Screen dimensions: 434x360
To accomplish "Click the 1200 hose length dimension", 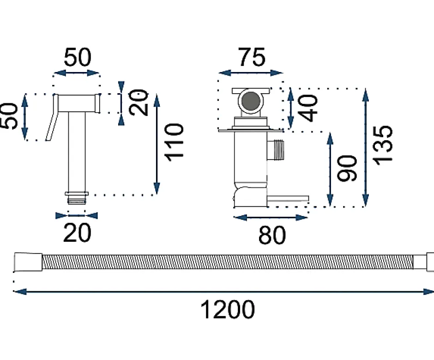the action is point(227,310).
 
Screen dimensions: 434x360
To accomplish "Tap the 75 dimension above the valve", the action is point(252,57).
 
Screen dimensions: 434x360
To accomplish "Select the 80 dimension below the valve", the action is point(272,235).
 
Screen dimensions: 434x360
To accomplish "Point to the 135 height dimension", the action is point(383,145).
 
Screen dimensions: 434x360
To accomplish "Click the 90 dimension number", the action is point(347,168).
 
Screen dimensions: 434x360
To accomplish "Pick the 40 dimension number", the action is point(308,108).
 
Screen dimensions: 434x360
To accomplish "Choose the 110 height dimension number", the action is point(174,142).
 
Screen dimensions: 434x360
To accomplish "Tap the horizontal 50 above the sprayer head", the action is point(78,57).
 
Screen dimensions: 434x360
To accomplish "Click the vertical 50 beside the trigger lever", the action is point(9,116).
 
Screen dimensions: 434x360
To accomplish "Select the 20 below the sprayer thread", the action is point(77,233).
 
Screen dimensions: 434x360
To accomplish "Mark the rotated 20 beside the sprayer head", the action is point(139,102).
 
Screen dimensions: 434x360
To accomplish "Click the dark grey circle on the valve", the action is point(251,101).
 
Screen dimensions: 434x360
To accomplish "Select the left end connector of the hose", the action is point(28,262).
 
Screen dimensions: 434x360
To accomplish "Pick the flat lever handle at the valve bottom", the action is point(288,199).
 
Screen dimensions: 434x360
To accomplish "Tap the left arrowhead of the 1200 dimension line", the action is point(20,291).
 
